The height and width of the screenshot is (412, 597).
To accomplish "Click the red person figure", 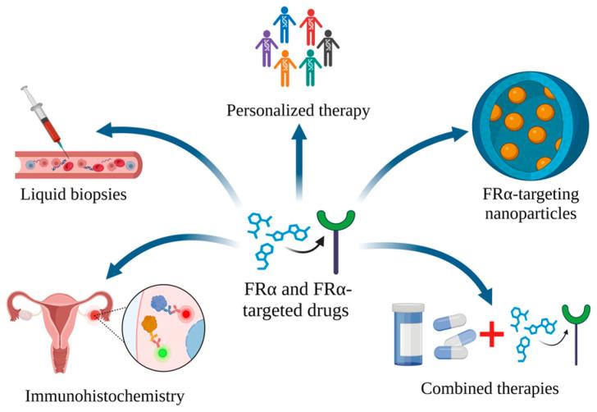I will pos(311,25).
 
